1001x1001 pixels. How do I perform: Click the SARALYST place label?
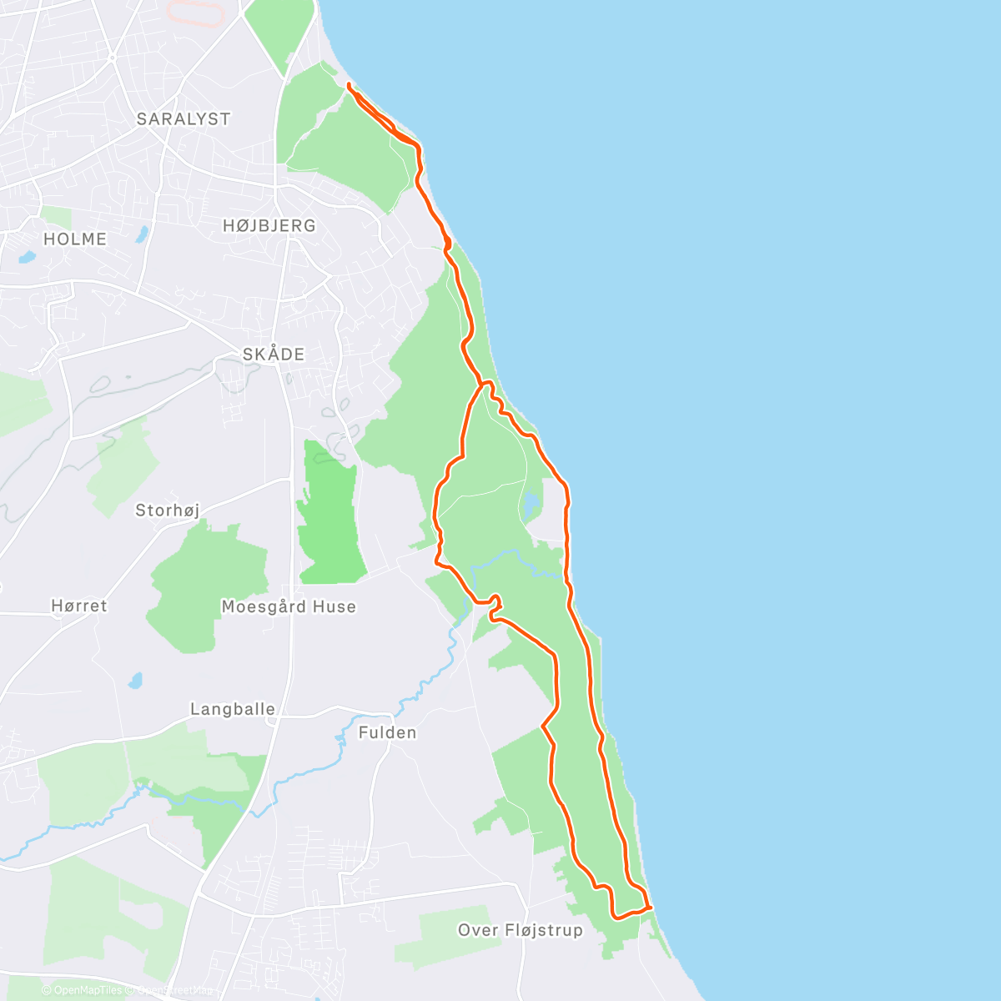(x=184, y=119)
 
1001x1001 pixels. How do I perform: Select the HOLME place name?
(x=75, y=239)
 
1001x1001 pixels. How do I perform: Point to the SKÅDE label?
(x=274, y=355)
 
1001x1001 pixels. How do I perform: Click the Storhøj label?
(x=168, y=511)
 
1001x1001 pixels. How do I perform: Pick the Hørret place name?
(x=79, y=606)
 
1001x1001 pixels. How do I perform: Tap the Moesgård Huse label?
(x=289, y=607)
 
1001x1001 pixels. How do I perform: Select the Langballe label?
(x=233, y=710)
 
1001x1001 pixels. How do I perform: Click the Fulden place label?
(x=387, y=733)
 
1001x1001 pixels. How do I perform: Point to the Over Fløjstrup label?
(x=521, y=930)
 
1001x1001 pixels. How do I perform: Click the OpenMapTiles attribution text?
(x=87, y=991)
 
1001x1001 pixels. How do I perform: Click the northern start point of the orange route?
(x=348, y=86)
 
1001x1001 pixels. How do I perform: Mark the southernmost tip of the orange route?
(x=618, y=918)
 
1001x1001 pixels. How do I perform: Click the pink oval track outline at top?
(x=195, y=13)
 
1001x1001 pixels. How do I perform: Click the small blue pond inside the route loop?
(x=531, y=505)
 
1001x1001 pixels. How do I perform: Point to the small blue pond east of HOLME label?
(x=142, y=234)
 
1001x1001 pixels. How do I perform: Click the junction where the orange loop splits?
(x=483, y=384)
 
